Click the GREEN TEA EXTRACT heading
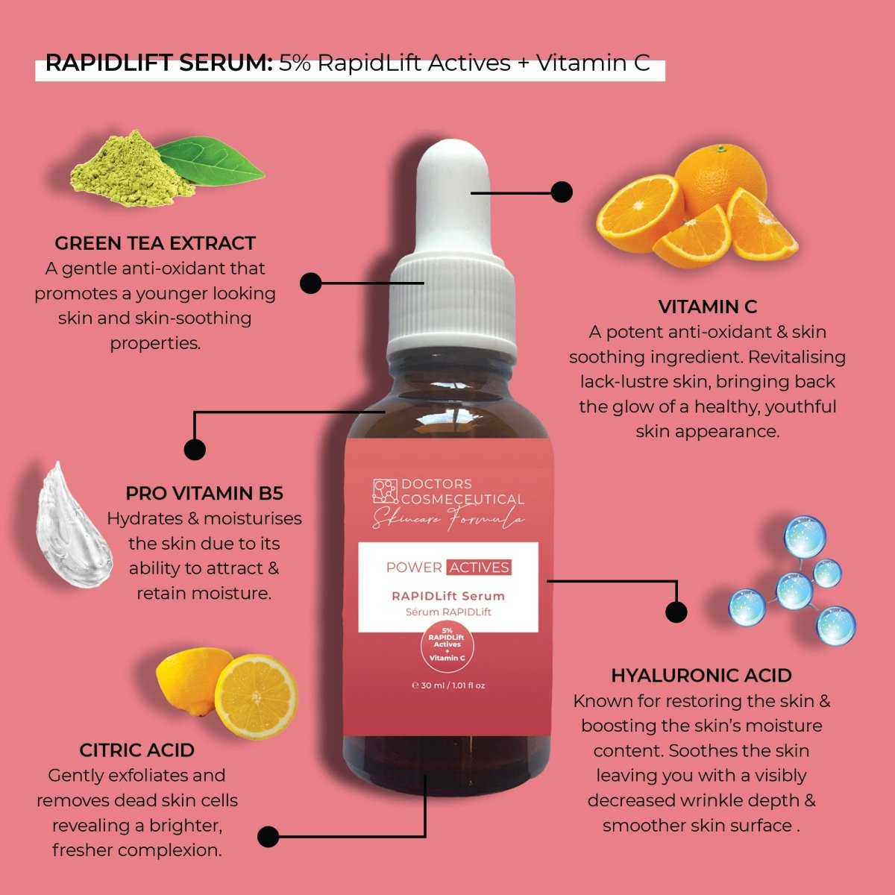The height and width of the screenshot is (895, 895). click(155, 243)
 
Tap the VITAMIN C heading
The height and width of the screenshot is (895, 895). click(707, 307)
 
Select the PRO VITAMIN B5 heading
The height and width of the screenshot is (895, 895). click(204, 493)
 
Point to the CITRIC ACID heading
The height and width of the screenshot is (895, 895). click(136, 750)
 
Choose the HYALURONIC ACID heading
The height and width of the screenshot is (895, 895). click(701, 676)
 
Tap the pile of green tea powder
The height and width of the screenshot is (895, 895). click(131, 169)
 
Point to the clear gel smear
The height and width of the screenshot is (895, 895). click(75, 527)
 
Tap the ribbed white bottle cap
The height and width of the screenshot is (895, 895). click(452, 307)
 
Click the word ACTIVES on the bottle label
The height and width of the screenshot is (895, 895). click(479, 567)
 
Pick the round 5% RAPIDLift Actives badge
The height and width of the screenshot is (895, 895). click(447, 645)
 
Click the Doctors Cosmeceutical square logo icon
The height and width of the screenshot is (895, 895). click(386, 492)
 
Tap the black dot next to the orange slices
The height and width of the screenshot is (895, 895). click(562, 192)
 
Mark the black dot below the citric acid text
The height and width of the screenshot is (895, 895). click(268, 837)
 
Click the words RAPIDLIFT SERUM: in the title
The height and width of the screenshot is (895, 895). click(159, 63)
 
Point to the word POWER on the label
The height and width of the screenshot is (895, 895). click(414, 568)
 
